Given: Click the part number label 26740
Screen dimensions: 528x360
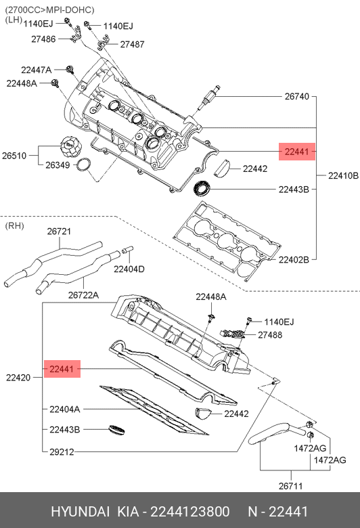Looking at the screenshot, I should pos(296,97).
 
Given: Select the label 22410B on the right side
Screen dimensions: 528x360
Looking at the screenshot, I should pos(343,175).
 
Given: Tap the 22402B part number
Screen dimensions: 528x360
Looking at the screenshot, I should pos(293,259).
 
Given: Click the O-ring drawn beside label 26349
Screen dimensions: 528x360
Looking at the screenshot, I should pos(84,166).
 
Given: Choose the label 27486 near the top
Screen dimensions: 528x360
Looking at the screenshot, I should pos(44,40).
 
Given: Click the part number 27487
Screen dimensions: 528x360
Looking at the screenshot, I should pos(132,44).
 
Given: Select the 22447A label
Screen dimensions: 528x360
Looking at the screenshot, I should pos(36,70).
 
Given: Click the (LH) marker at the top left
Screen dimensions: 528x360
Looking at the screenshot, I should pos(13,20).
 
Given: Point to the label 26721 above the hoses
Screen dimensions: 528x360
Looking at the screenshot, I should pos(59,232).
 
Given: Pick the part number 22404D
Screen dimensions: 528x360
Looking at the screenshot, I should pos(129,269).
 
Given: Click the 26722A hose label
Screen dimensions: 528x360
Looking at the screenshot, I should pos(83,294).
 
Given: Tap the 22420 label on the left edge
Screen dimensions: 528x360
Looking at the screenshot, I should pos(19,376).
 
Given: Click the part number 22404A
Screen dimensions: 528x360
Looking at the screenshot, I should pos(64,409).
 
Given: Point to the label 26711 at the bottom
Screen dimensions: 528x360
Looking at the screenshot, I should pos(291,485).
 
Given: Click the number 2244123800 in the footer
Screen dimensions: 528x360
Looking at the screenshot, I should pos(189,511).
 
